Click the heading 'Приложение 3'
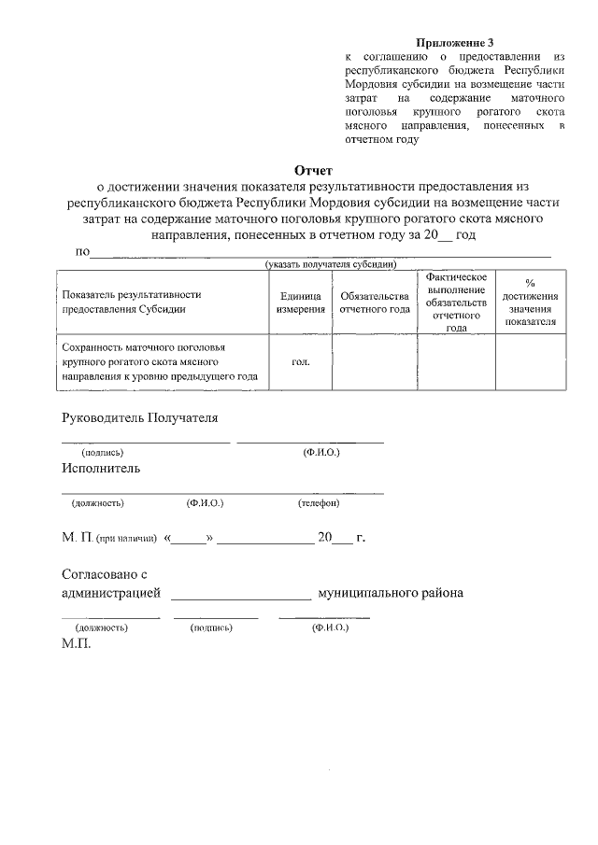(x=453, y=43)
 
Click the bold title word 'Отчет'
(x=314, y=170)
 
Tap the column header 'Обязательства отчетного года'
(x=375, y=302)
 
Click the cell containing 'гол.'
(x=300, y=361)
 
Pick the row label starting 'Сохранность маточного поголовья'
(x=159, y=361)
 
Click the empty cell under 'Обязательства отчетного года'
(x=375, y=361)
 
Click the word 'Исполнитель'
(x=101, y=468)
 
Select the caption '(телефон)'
(x=319, y=503)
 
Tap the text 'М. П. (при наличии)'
(x=108, y=539)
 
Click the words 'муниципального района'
(x=391, y=593)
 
